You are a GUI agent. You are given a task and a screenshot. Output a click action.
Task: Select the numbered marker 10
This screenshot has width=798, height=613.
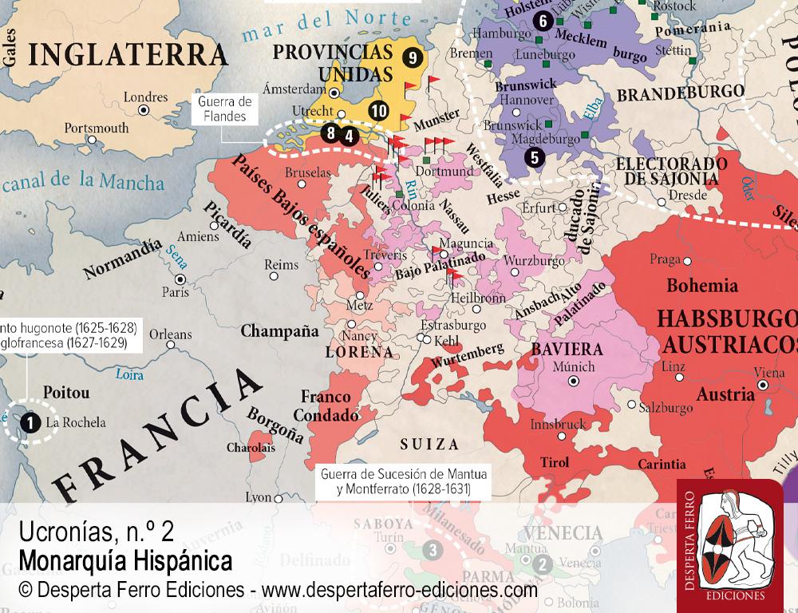[x=379, y=110]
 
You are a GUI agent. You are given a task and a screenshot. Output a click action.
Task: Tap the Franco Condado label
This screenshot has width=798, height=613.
[x=326, y=405]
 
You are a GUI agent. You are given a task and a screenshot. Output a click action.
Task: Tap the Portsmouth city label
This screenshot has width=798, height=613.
[x=96, y=127]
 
